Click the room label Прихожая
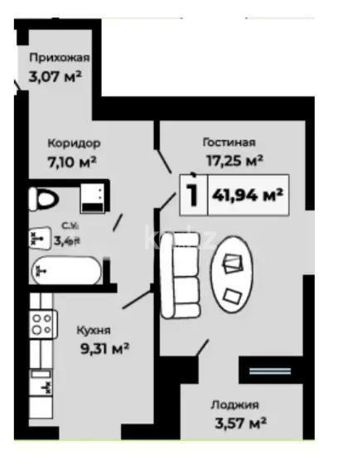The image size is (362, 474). tap(59, 58)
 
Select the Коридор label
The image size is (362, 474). tap(74, 142)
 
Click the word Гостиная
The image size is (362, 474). tap(229, 142)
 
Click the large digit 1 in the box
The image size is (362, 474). tap(192, 196)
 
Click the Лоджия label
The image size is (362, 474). tap(234, 405)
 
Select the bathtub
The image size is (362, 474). tap(65, 269)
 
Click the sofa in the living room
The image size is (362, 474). tap(180, 273)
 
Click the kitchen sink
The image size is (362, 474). tap(41, 383)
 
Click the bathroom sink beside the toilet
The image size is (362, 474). tap(92, 199)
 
